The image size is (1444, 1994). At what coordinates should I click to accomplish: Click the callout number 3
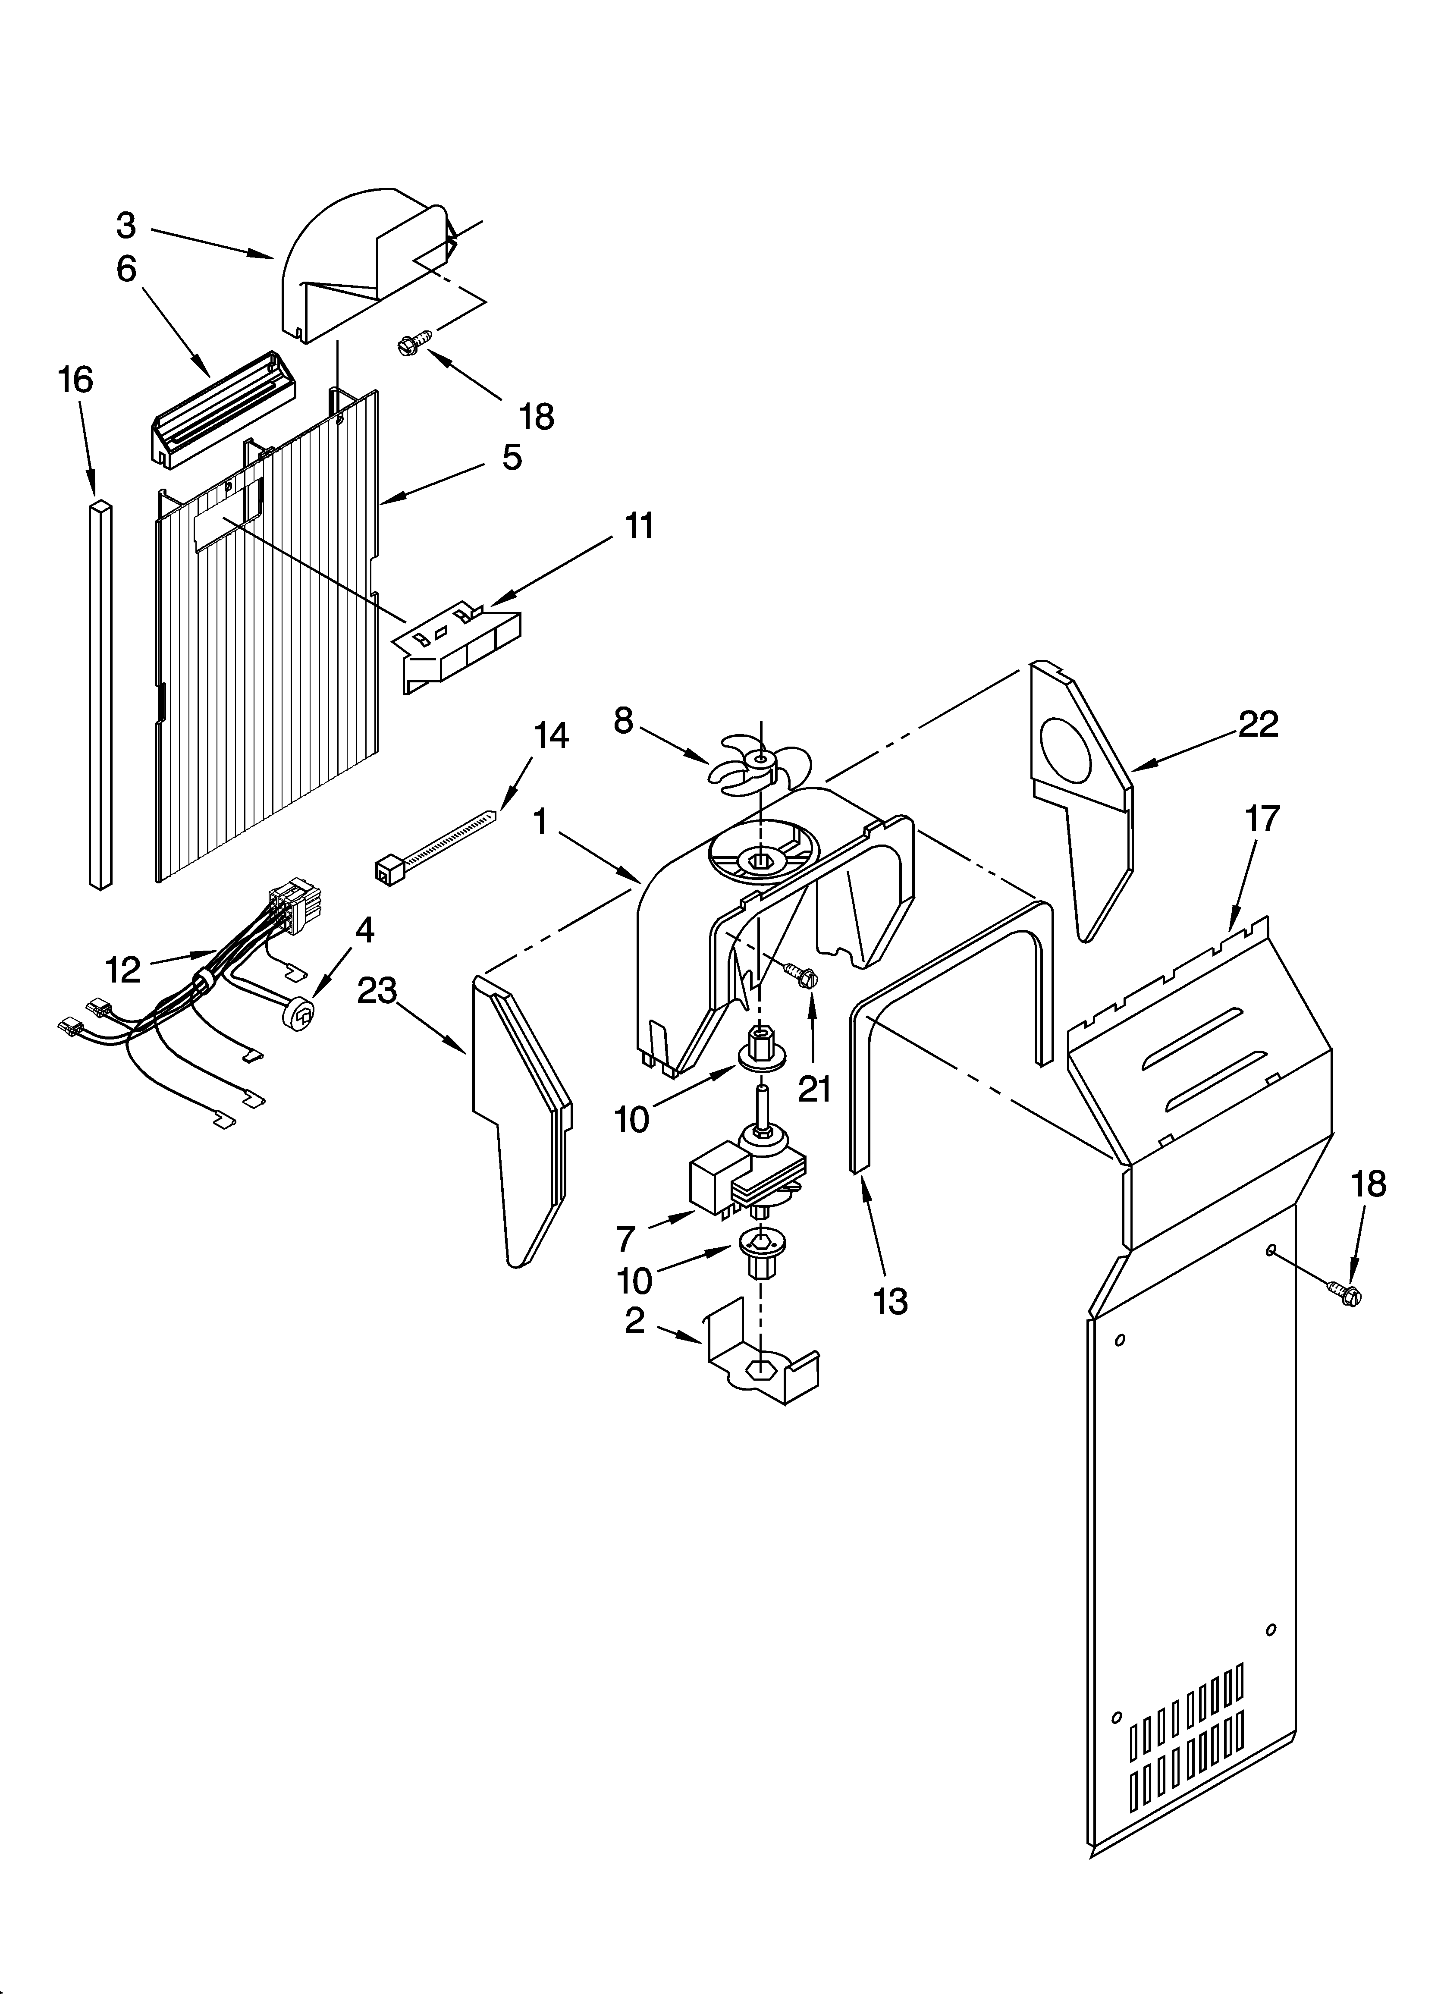[127, 226]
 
